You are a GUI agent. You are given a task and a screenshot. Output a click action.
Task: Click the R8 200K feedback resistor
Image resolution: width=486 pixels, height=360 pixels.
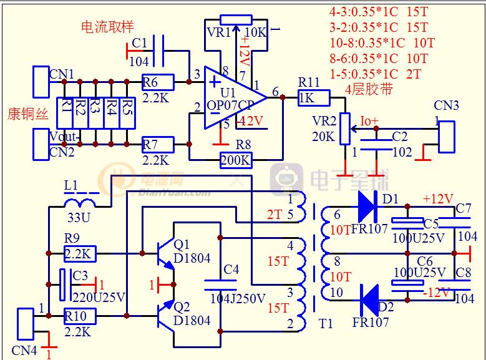point(236,160)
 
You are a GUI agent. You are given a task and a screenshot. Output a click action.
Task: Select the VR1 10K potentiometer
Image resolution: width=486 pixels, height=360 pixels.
point(236,20)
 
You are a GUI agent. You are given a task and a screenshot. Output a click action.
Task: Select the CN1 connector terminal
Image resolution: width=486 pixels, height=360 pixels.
point(41,81)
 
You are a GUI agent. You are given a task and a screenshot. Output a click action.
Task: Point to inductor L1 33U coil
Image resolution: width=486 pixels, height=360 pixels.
point(79,203)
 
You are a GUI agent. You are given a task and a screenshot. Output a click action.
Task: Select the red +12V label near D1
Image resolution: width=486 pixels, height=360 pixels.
point(437,199)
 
